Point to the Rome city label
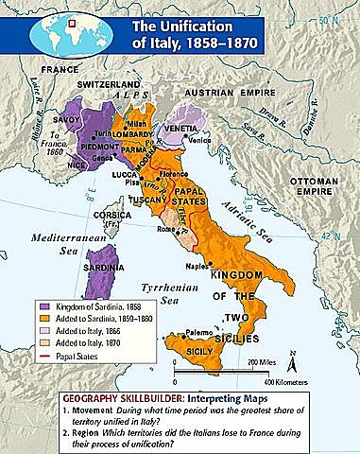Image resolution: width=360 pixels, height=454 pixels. (164, 228)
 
